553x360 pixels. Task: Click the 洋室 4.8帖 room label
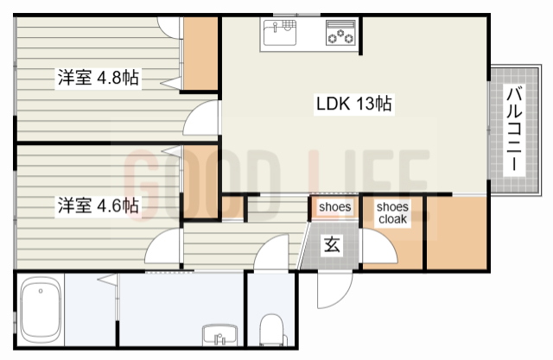(x=98, y=78)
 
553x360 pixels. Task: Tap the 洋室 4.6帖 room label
(x=98, y=205)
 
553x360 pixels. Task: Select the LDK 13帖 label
(x=353, y=104)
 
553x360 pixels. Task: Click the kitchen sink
(x=280, y=33)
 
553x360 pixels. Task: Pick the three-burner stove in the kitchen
(x=340, y=33)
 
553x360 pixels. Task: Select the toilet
(x=271, y=330)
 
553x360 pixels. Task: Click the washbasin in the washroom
(x=219, y=335)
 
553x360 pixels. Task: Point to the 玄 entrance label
(x=332, y=244)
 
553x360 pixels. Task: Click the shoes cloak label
(x=392, y=212)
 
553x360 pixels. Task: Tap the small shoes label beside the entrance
(x=334, y=207)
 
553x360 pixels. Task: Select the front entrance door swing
(x=334, y=290)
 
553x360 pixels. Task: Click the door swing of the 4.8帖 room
(x=200, y=117)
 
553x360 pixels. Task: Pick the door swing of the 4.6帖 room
(x=163, y=245)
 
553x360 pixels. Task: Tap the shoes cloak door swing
(x=379, y=246)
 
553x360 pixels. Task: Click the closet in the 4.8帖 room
(x=200, y=54)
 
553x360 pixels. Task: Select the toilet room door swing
(x=271, y=252)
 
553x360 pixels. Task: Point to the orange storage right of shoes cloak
(x=457, y=233)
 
